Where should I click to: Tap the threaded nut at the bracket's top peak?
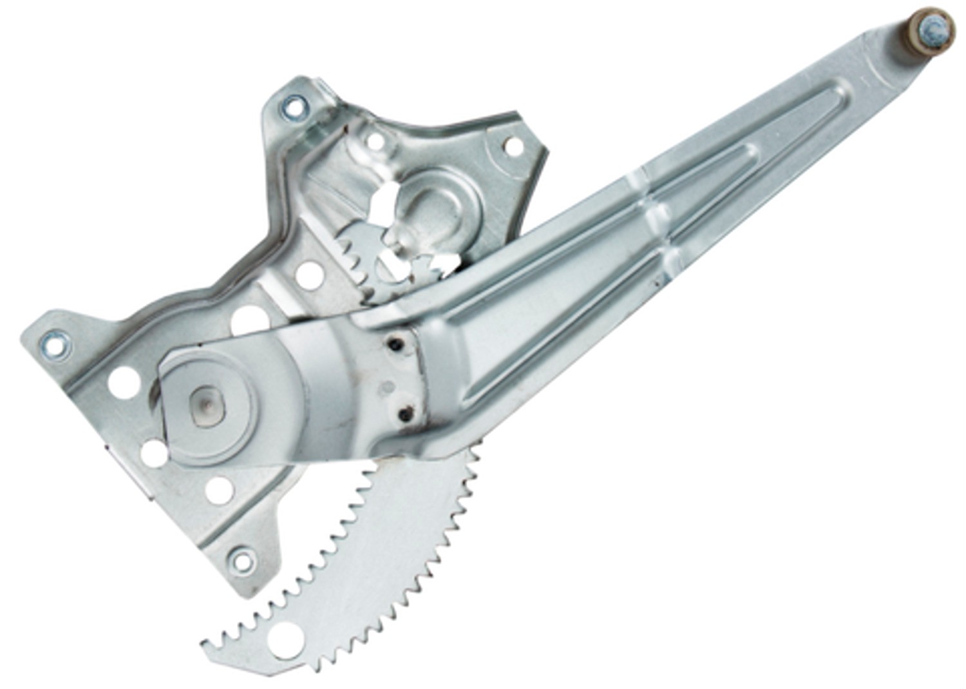tap(294, 107)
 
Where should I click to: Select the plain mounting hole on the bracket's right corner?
tap(513, 146)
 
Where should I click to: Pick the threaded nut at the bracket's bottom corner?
tap(243, 559)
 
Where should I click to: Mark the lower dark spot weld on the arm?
tap(404, 414)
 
